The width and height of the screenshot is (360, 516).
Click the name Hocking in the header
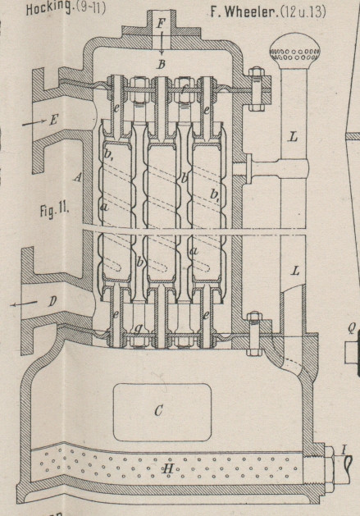[x=48, y=8]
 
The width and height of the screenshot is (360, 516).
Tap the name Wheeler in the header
[x=250, y=12]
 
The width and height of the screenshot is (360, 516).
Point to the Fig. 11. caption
[x=54, y=210]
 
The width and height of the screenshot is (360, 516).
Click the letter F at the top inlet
[x=161, y=23]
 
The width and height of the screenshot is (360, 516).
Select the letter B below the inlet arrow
[x=161, y=65]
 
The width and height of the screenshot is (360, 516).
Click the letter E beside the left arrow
[x=53, y=121]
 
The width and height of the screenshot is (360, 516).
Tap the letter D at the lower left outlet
[x=52, y=301]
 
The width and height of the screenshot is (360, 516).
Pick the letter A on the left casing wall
[x=77, y=178]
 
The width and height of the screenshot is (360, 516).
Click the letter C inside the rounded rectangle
[x=158, y=411]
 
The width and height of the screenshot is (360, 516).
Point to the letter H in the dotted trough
[x=168, y=468]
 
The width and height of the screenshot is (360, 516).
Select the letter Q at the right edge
[x=352, y=329]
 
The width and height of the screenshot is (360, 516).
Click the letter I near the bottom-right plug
[x=344, y=450]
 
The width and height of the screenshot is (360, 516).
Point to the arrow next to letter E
[x=34, y=123]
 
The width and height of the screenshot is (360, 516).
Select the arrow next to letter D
[x=24, y=304]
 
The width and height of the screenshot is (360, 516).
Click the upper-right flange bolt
[x=255, y=89]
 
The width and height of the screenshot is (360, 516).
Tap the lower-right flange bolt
[x=253, y=334]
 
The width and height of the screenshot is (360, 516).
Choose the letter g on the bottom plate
[x=139, y=328]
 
